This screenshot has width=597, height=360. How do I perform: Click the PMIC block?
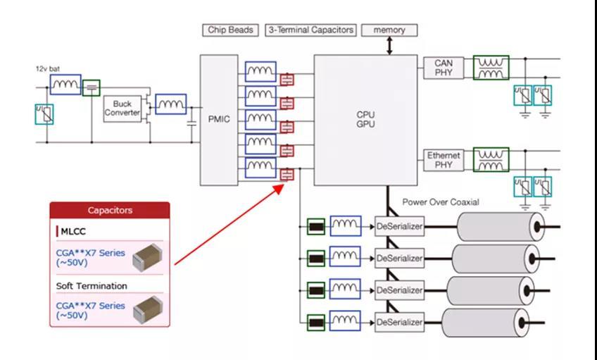pos(219,120)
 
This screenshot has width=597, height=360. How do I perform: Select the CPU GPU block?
pos(365,120)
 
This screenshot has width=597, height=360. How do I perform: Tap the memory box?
pos(389,30)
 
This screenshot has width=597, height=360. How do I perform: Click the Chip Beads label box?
pos(230,30)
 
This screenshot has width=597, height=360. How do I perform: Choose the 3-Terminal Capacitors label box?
pos(310,30)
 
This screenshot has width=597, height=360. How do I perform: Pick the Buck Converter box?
pos(122,108)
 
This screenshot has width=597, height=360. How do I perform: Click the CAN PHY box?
pos(444,68)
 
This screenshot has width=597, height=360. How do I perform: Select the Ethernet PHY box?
pos(444,160)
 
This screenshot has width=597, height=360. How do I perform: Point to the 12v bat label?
pos(48,69)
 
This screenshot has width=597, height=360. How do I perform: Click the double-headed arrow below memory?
pos(389,46)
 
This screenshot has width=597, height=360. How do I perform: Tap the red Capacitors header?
pos(110,210)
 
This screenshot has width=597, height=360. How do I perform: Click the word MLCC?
pos(73,231)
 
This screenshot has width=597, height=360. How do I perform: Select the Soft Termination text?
pos(92,286)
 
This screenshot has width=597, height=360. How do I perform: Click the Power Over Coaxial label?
pos(441,202)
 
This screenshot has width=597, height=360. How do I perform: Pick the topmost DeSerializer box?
pos(399,226)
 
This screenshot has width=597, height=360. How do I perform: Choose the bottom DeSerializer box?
pos(399,322)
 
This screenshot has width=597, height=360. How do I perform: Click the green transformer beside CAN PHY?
pos(491,68)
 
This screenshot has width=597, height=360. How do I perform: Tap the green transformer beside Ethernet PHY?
pos(491,160)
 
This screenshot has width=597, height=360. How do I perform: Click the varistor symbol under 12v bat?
pos(44,114)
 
